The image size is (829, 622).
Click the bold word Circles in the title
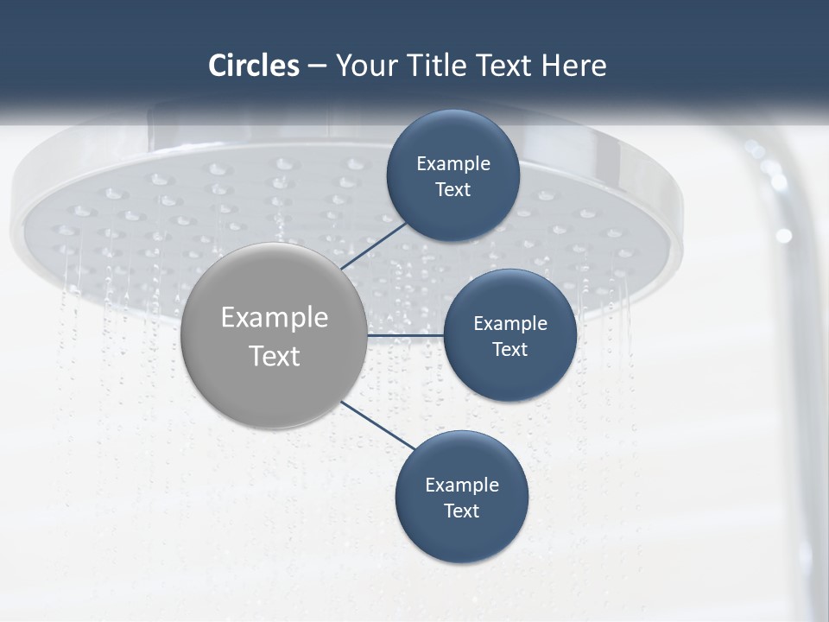(254, 66)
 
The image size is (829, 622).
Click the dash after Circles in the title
(317, 67)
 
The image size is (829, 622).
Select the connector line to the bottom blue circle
(377, 425)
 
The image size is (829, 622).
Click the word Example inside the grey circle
(275, 318)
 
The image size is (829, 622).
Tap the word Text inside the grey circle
(275, 356)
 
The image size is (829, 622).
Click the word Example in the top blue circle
(452, 164)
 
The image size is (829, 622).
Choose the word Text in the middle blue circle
(509, 350)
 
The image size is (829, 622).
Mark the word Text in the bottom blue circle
(461, 511)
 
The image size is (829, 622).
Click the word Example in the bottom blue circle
(461, 486)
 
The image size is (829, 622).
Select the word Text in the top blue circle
(452, 190)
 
